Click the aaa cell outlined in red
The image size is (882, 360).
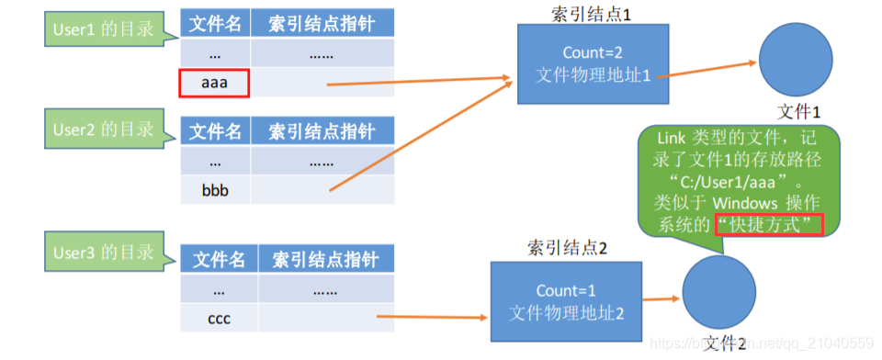(x=214, y=84)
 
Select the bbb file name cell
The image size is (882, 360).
(x=214, y=189)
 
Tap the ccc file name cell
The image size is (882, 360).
(x=219, y=319)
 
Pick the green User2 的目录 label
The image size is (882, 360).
(x=100, y=129)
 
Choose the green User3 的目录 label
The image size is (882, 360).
(x=100, y=250)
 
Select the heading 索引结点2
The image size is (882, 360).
(x=567, y=247)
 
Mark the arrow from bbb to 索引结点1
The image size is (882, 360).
(x=418, y=138)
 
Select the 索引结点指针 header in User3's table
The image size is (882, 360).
(x=325, y=258)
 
